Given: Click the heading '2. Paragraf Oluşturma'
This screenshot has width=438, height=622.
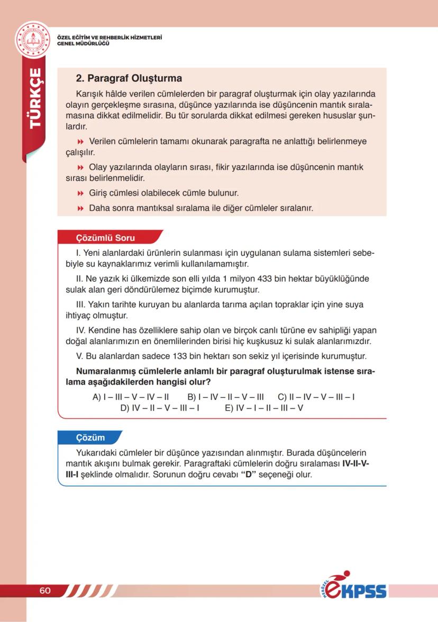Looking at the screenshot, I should click(129, 79).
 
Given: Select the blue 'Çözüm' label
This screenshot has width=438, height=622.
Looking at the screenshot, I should click(90, 438).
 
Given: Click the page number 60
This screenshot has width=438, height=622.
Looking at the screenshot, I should click(45, 590).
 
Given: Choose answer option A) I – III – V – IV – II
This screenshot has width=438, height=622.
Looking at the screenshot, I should click(130, 397).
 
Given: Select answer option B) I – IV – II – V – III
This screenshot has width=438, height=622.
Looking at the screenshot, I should click(225, 397).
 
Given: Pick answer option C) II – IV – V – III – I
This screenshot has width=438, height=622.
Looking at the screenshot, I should click(316, 397).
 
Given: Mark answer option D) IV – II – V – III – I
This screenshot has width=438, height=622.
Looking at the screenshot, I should click(159, 408).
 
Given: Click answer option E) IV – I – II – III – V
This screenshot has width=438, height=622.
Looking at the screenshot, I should click(264, 408).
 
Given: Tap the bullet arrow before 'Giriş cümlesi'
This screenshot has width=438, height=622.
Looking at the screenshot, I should click(81, 193).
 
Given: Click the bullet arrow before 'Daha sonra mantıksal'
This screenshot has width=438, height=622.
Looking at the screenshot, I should click(81, 209).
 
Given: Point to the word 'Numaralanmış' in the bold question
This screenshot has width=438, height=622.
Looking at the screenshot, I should click(104, 372).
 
